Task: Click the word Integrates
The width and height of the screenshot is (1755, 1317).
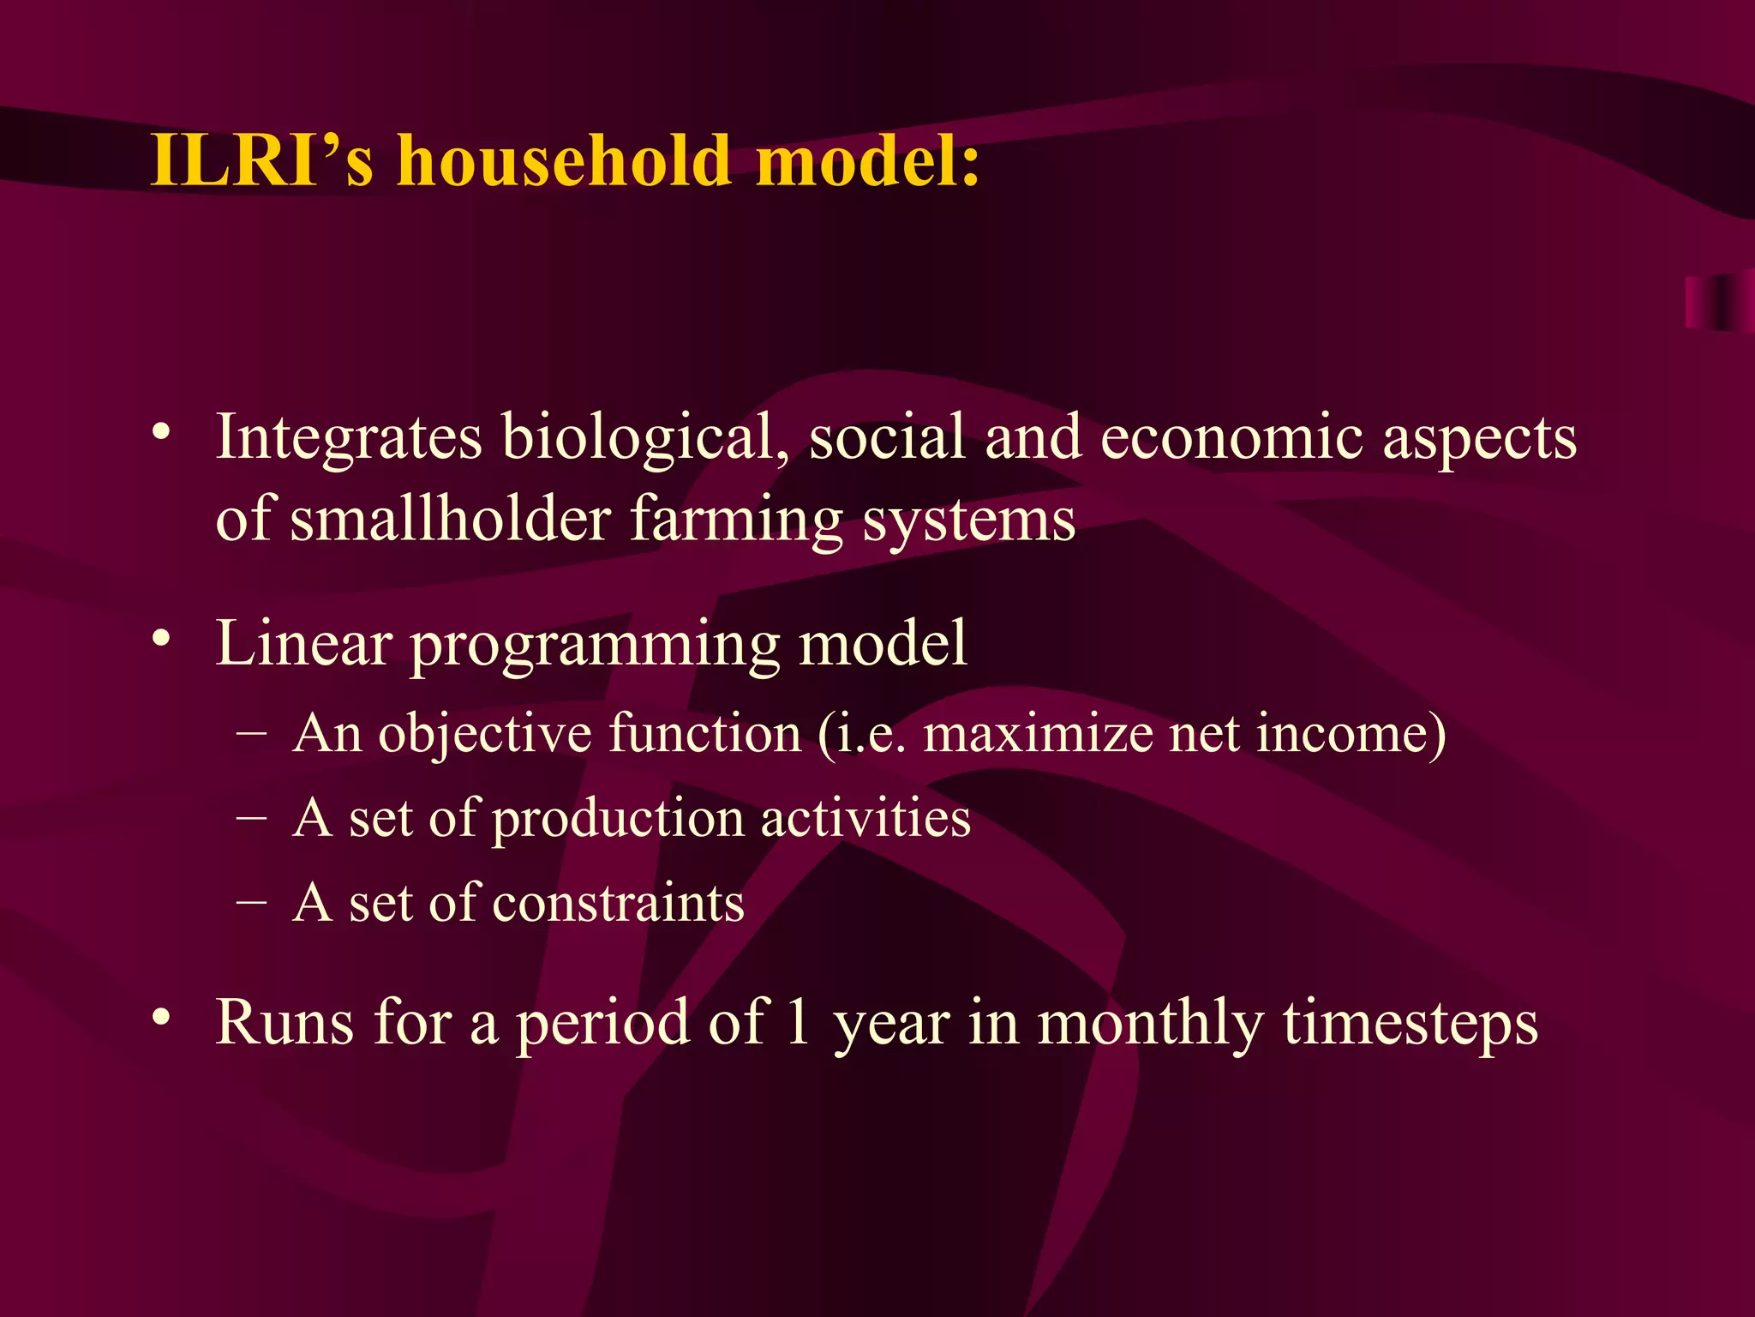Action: click(349, 438)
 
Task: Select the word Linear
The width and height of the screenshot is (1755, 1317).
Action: click(303, 643)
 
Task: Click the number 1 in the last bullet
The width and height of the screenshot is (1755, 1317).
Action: click(798, 1023)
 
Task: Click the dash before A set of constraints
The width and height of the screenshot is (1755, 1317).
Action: click(250, 903)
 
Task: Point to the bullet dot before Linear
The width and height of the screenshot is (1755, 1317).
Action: click(160, 640)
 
